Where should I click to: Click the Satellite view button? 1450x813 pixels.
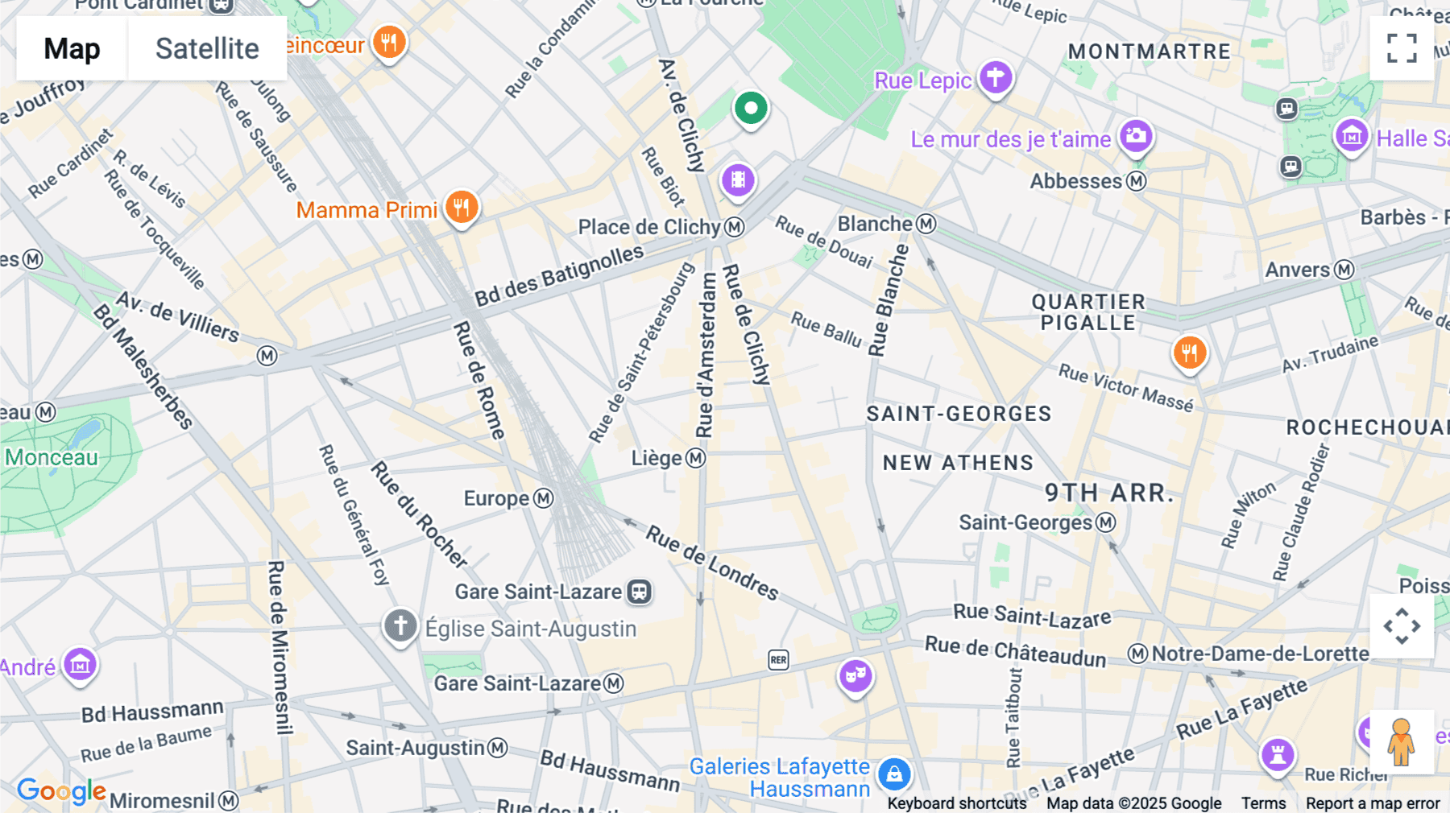coord(207,48)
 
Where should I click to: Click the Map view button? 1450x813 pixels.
coord(72,48)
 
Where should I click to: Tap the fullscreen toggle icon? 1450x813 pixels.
coord(1402,48)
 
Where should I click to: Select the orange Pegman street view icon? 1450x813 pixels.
coord(1402,742)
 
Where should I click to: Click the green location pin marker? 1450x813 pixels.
coord(751,108)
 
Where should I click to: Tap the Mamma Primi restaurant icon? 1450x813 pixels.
coord(461,208)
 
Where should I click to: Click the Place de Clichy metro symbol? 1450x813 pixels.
coord(734,228)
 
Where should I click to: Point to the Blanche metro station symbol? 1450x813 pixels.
coord(926,224)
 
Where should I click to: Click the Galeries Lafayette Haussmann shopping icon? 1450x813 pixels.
coord(894,774)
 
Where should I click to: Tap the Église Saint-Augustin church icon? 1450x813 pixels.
coord(400,625)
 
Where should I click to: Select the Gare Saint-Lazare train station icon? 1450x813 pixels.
coord(640,592)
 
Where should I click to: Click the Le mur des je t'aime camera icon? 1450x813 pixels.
coord(1136,135)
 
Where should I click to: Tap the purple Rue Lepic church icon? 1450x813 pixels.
coord(996,77)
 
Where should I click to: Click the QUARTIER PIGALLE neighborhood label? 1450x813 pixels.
coord(1087,312)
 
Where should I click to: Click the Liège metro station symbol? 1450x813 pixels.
coord(696,459)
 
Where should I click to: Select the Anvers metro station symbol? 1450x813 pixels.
coord(1344,270)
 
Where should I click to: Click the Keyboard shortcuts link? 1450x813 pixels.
coord(956,803)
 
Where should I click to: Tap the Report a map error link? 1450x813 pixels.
coord(1373,803)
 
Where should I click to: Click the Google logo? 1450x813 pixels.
coord(61,791)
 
